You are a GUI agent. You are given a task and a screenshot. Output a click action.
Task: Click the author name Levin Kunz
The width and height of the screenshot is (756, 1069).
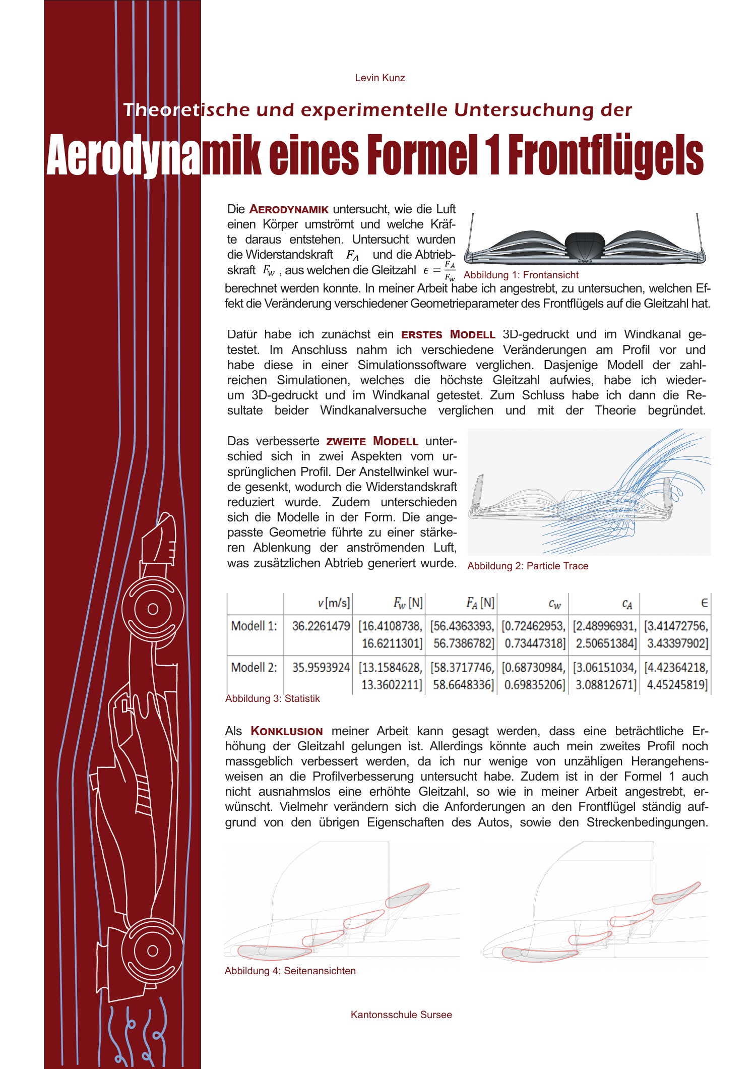click(380, 78)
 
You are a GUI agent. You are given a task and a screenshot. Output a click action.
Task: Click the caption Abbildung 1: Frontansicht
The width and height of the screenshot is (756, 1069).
click(521, 275)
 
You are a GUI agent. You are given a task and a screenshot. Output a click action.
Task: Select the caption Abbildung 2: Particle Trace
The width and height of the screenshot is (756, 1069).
click(528, 566)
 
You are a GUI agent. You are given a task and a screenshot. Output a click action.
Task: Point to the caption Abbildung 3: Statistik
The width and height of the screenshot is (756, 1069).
click(272, 698)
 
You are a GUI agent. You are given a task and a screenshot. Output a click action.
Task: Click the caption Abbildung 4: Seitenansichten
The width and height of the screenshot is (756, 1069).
click(290, 971)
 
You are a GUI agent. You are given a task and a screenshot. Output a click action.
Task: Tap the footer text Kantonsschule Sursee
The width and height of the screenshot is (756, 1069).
click(401, 1015)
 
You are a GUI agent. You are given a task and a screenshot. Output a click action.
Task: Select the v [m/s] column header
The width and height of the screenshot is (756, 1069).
click(334, 603)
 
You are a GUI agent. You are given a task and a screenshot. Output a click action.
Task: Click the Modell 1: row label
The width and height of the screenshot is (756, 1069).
click(254, 626)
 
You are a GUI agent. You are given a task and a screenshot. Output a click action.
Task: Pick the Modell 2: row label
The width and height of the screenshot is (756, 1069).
click(254, 668)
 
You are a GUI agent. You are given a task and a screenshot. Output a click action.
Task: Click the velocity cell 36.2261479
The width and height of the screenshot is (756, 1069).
click(321, 626)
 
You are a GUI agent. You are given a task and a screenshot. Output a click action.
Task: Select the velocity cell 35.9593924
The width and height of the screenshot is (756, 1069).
click(321, 668)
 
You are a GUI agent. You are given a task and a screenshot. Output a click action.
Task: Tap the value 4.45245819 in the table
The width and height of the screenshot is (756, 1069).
click(677, 685)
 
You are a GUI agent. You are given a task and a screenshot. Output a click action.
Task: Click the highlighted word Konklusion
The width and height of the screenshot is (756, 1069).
click(287, 731)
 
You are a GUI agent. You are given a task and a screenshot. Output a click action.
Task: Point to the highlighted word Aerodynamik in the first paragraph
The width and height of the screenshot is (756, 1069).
click(289, 209)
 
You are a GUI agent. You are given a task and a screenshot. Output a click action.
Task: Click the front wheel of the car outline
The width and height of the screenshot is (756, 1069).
click(153, 609)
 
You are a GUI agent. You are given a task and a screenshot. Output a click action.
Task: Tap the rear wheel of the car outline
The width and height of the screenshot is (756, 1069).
click(153, 951)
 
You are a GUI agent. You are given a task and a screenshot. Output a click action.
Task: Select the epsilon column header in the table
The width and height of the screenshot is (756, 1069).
click(704, 603)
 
